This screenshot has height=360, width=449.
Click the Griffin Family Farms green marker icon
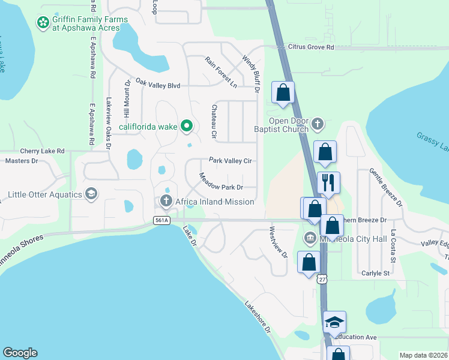point(43,23)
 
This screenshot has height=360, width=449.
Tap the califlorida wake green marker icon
point(187,126)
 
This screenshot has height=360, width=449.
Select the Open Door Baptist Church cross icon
point(318,125)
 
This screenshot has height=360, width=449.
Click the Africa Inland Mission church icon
point(165,202)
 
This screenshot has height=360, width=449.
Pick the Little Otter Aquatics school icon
point(91,194)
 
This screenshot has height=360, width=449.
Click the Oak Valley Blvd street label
point(158,85)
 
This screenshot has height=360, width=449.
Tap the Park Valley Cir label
point(230,161)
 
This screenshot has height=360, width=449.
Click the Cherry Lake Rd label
point(42,151)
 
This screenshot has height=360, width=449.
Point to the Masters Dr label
point(22,161)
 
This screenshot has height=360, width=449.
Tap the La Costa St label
point(394,245)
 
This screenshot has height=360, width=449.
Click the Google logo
point(20,353)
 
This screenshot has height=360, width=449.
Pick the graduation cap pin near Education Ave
point(334,323)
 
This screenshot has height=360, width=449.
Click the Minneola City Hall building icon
point(310,237)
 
